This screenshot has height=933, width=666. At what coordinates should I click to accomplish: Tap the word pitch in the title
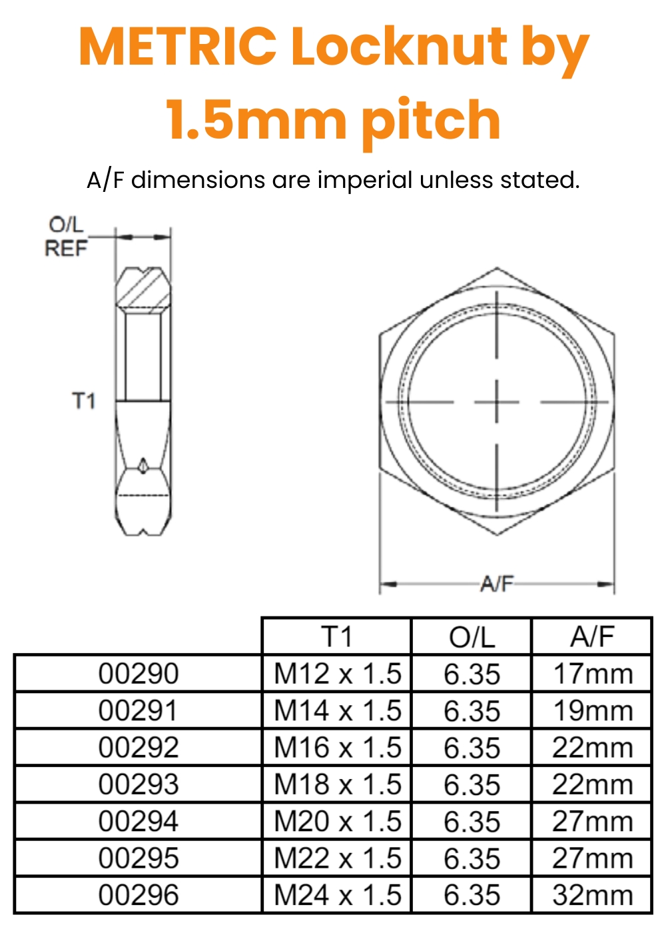point(431,121)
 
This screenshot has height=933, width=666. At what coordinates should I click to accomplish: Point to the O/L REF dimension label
point(66,237)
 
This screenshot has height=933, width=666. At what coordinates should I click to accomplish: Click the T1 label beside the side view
point(84,401)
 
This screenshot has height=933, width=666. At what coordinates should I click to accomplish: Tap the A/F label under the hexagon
point(497,584)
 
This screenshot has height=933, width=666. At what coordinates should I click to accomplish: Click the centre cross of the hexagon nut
point(497,402)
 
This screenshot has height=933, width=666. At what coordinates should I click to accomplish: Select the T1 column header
point(337,637)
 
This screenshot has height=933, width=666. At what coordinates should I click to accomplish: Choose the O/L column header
point(472,637)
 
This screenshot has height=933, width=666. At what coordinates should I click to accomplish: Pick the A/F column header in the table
point(592,637)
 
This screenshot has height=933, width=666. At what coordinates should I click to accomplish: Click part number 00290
point(139,674)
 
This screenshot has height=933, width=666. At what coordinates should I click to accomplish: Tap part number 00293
point(139,784)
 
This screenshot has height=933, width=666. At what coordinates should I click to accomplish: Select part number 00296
point(139,895)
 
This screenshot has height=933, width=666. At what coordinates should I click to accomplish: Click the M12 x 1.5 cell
point(338,674)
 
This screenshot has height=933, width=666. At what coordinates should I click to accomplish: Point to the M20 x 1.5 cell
point(338,821)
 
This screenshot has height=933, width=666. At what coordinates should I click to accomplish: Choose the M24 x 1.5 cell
point(338,895)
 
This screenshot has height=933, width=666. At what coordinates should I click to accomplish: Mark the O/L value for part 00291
point(472,711)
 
